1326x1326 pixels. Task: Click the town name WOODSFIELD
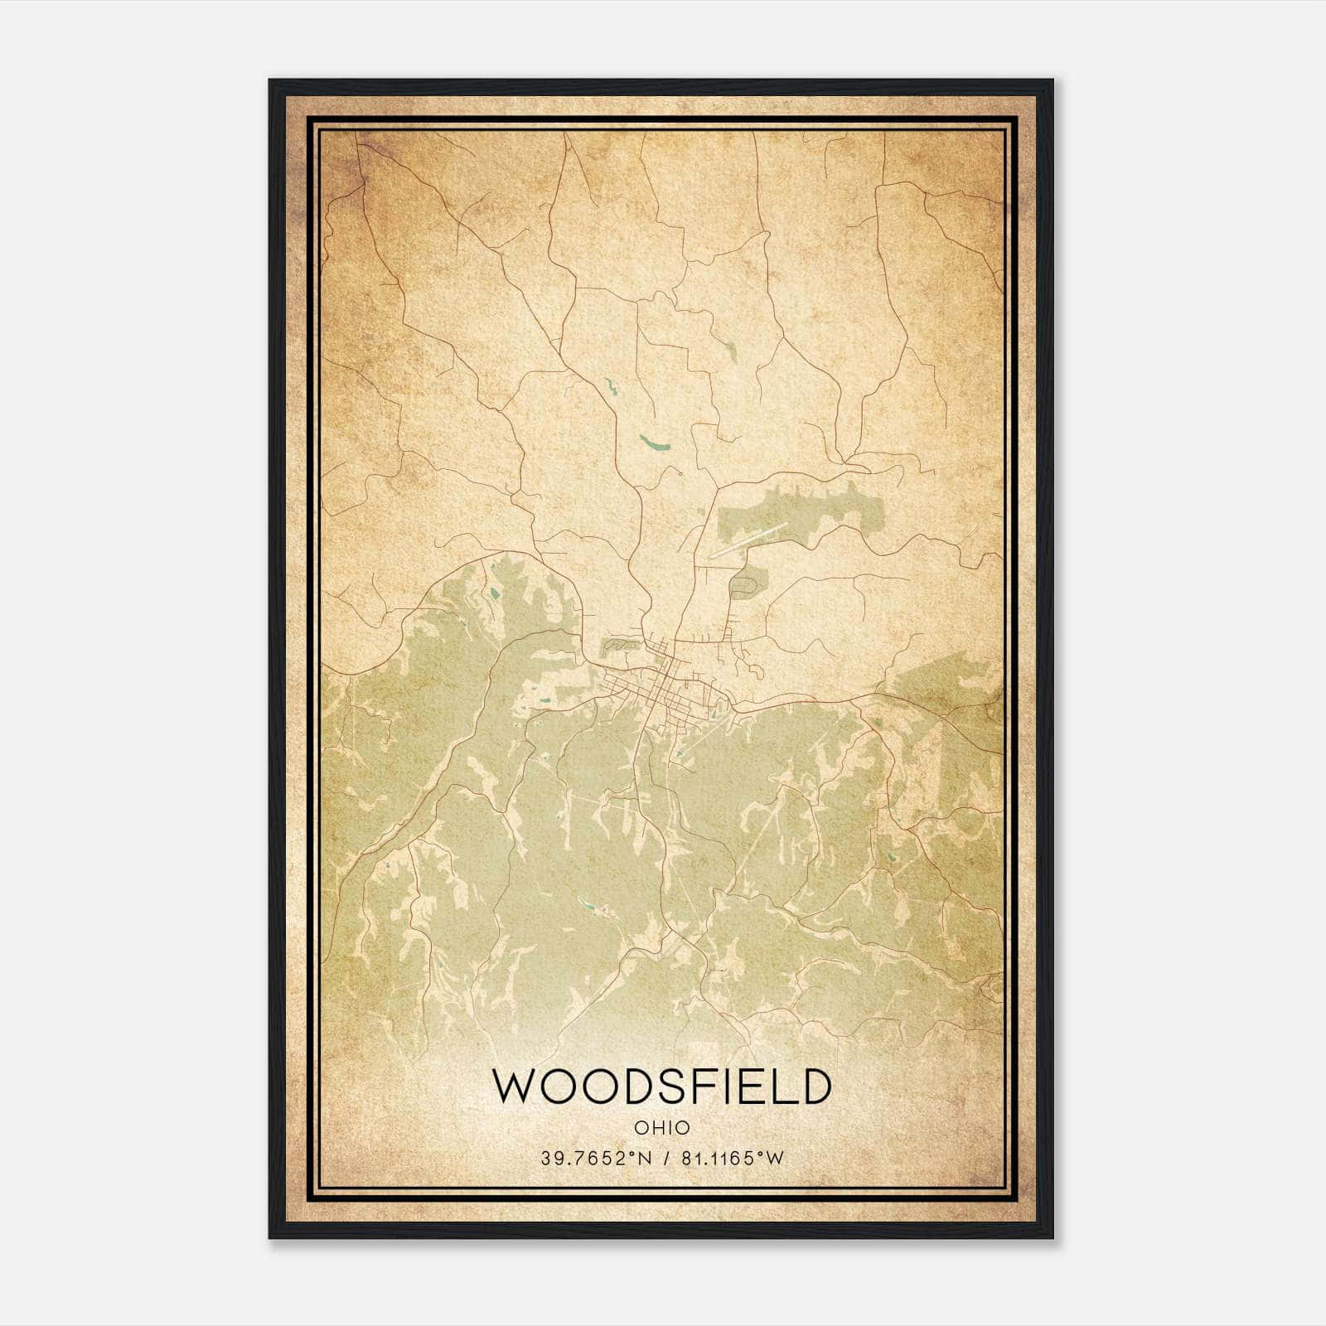click(661, 1086)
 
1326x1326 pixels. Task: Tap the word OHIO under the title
click(661, 1127)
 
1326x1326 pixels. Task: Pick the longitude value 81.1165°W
click(732, 1159)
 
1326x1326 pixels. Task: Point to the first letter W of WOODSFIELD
click(513, 1086)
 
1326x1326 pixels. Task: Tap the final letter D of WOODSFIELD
click(815, 1086)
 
